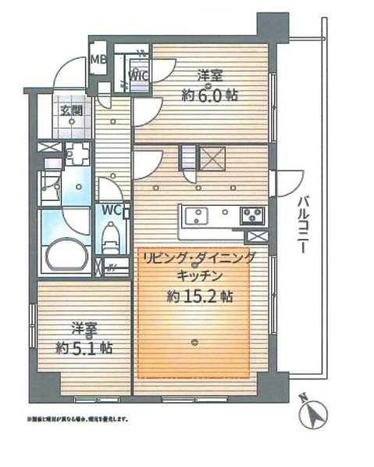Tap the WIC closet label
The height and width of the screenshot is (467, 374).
[x=139, y=77]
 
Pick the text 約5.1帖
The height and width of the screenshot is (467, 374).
[x=84, y=347]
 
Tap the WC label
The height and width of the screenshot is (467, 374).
[x=110, y=210]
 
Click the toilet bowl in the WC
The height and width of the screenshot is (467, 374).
[x=111, y=232]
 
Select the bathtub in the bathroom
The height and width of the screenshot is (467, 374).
[x=66, y=255]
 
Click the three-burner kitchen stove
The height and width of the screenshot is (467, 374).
[x=252, y=213]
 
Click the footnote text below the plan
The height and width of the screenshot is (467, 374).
[x=77, y=419]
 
